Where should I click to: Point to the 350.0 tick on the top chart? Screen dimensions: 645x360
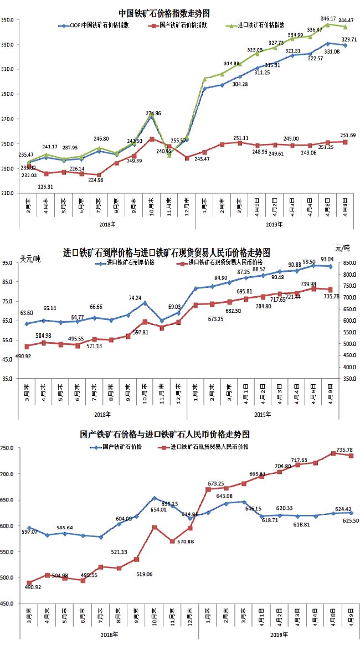[8, 20]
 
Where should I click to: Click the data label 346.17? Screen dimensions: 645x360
[329, 18]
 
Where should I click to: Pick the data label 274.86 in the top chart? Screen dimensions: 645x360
[153, 113]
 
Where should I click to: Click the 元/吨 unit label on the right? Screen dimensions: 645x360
[343, 247]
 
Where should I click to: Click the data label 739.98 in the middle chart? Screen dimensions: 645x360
[308, 283]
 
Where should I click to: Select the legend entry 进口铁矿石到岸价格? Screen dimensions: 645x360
[131, 262]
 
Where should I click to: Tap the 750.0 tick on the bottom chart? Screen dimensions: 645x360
[8, 448]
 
